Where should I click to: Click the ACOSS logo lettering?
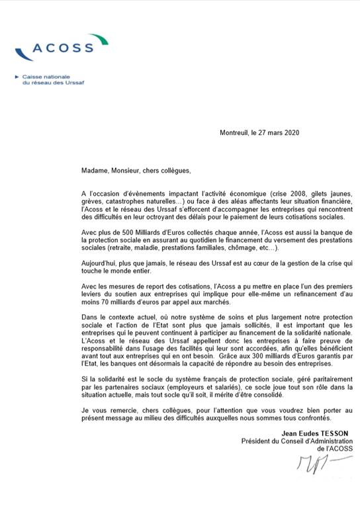tap(63, 48)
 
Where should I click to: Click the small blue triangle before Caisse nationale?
tap(17, 77)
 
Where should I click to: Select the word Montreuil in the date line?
tap(234, 133)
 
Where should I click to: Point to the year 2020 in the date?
tap(292, 133)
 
